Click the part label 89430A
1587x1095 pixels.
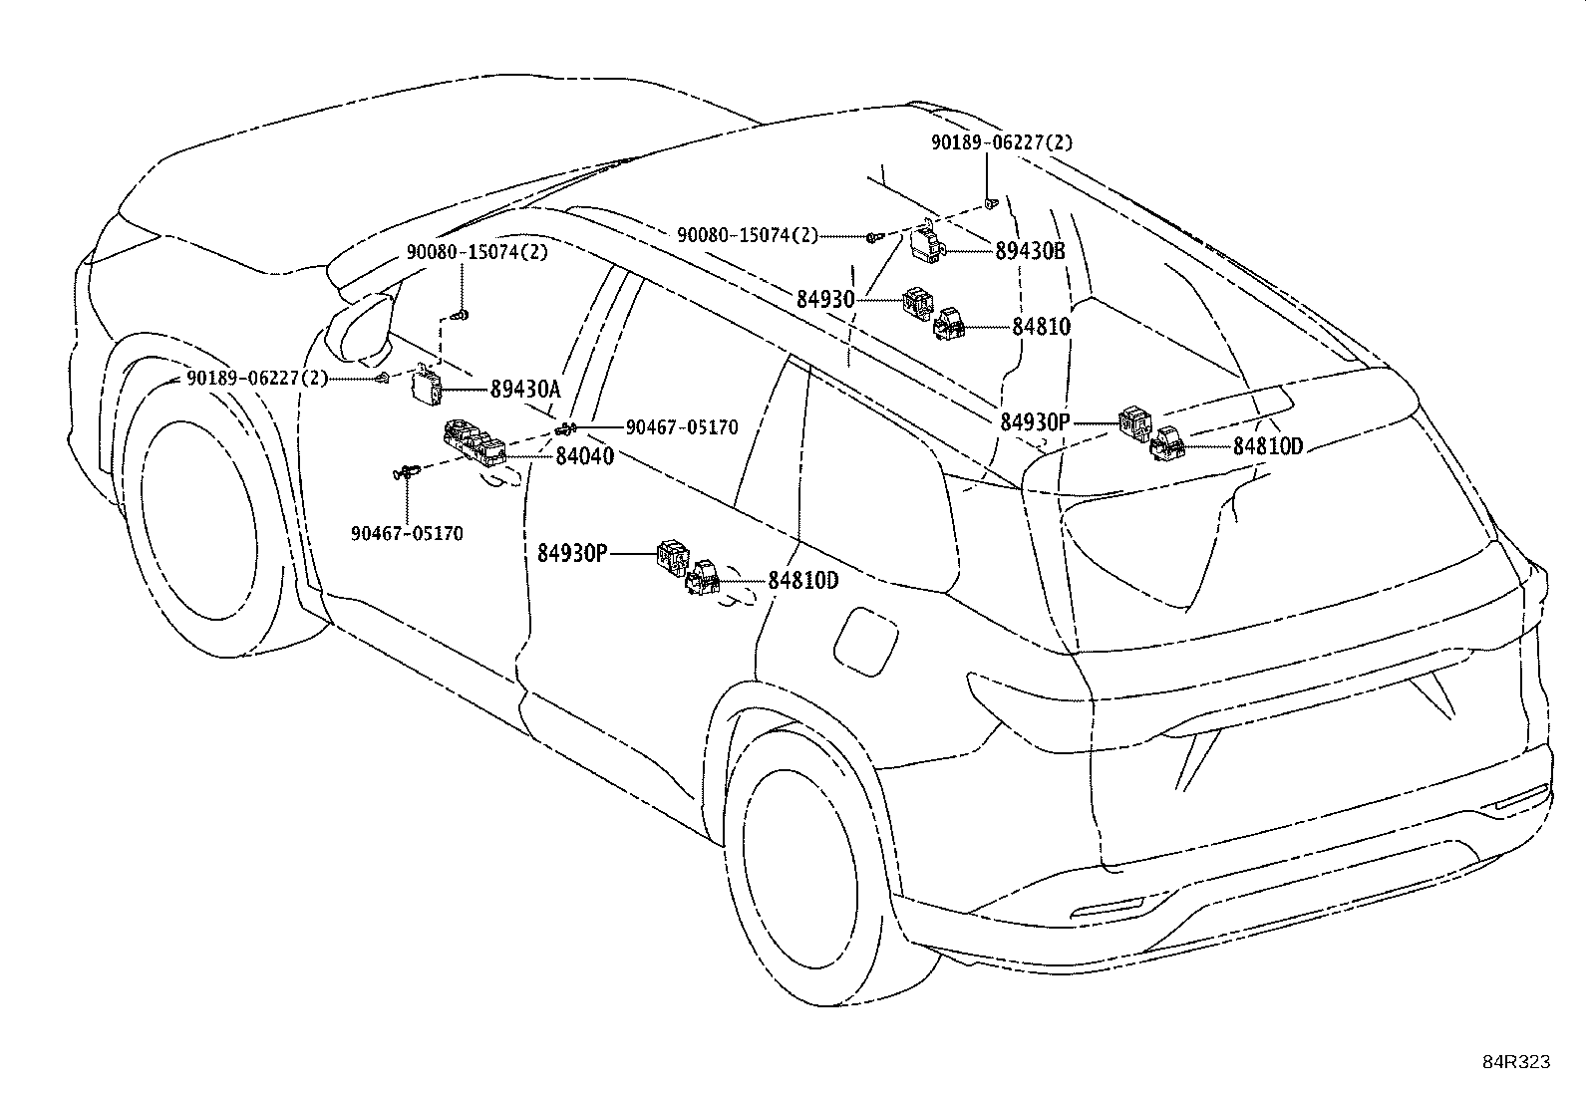coord(525,389)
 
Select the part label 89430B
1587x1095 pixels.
coord(1030,251)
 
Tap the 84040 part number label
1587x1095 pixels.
coord(584,456)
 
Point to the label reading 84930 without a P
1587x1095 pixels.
coord(825,300)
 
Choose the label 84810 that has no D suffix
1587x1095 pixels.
coord(1041,327)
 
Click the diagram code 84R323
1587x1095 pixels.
coord(1515,1062)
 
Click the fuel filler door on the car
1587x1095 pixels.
coord(865,642)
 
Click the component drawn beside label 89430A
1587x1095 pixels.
coord(428,386)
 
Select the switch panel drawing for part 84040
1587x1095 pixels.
coord(474,443)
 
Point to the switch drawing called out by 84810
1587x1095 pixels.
coord(948,325)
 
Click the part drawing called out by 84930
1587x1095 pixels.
coord(917,303)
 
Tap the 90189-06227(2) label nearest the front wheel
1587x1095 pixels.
coord(257,379)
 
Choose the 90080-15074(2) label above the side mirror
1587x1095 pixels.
coord(476,252)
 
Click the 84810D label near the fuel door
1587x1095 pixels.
coord(803,581)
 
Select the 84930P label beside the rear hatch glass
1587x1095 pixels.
coord(1035,422)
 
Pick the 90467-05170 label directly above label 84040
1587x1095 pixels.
coord(682,427)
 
